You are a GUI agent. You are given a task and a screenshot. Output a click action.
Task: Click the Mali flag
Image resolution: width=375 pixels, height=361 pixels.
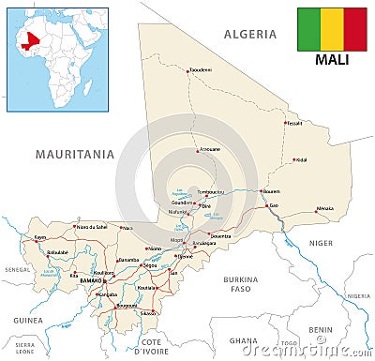[x=331, y=29]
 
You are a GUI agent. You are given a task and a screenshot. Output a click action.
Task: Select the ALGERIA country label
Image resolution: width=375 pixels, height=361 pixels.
[x=249, y=34]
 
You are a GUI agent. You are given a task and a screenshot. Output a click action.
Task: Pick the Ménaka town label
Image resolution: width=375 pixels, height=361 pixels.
[x=324, y=208]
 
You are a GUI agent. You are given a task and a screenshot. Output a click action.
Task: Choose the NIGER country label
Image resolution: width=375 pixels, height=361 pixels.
[x=321, y=243]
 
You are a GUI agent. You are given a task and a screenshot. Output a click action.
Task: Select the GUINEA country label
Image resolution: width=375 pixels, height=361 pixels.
[x=25, y=319]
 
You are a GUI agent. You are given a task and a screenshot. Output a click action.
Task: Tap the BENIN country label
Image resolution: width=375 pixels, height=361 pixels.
[x=322, y=330]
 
